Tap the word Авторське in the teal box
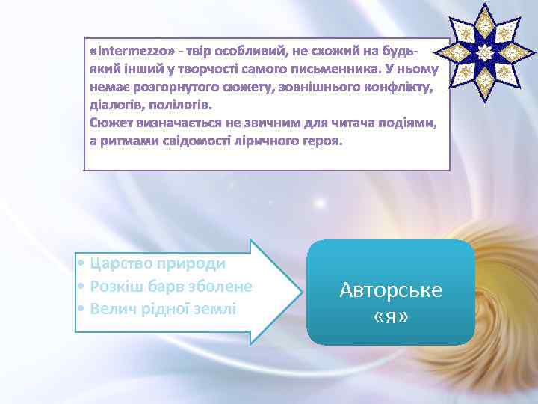pyautogui.click(x=391, y=290)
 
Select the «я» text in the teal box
pyautogui.click(x=391, y=317)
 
